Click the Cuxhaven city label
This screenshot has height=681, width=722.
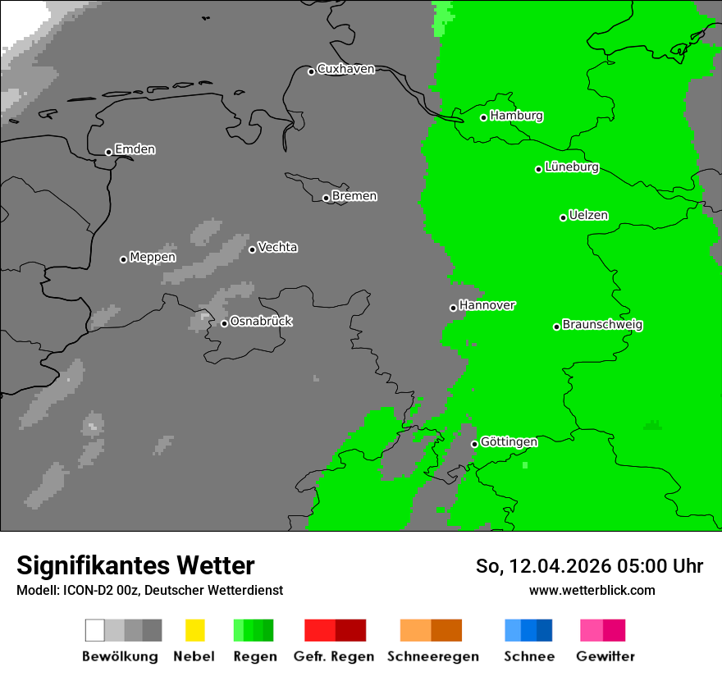pyautogui.click(x=345, y=69)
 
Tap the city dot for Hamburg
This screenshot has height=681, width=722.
pyautogui.click(x=484, y=117)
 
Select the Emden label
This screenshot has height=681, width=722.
pyautogui.click(x=135, y=149)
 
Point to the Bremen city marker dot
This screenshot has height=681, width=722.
pyautogui.click(x=326, y=198)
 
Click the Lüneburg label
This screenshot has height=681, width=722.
pyautogui.click(x=571, y=167)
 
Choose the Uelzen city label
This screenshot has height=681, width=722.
pyautogui.click(x=588, y=216)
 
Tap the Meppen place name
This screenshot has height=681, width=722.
pyautogui.click(x=153, y=258)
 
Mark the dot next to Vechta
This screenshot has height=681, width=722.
pyautogui.click(x=252, y=249)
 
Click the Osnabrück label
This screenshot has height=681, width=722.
pyautogui.click(x=261, y=322)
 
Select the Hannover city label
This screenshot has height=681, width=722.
pyautogui.click(x=487, y=305)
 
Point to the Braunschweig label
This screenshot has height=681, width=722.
pyautogui.click(x=602, y=325)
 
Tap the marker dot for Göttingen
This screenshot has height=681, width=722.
pyautogui.click(x=474, y=444)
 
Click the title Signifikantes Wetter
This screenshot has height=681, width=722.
pyautogui.click(x=135, y=565)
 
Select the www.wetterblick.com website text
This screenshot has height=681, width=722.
pyautogui.click(x=592, y=591)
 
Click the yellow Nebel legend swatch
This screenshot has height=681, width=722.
pyautogui.click(x=194, y=630)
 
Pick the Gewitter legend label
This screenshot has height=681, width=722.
pyautogui.click(x=605, y=656)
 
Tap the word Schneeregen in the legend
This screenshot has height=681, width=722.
pyautogui.click(x=432, y=656)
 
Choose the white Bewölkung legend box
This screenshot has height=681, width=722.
pyautogui.click(x=95, y=630)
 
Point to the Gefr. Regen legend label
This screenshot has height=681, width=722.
pyautogui.click(x=333, y=656)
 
